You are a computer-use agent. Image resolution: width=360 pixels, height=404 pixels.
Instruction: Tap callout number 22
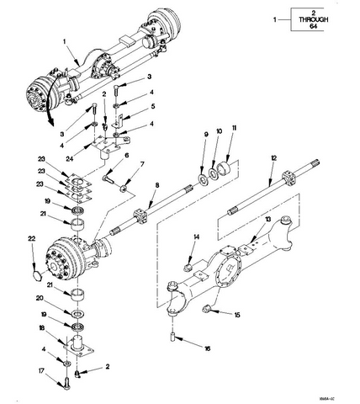click(x=32, y=240)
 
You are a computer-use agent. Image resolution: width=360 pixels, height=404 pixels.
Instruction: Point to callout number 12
click(x=273, y=157)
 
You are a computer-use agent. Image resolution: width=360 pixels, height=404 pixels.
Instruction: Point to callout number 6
click(x=126, y=156)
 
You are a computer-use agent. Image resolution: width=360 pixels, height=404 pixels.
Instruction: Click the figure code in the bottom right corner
click(x=340, y=398)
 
